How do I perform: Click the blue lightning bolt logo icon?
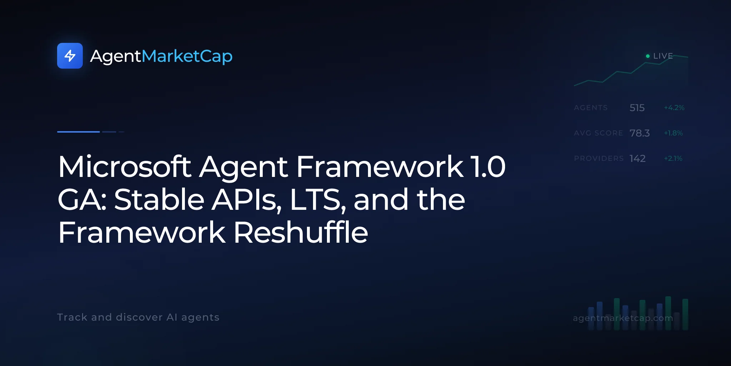(x=70, y=56)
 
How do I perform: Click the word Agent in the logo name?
(x=116, y=56)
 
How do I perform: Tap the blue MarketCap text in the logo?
(x=187, y=56)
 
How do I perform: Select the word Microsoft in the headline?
(x=125, y=167)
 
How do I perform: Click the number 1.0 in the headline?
(x=488, y=167)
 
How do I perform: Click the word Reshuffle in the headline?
(x=301, y=232)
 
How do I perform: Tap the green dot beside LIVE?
(x=648, y=56)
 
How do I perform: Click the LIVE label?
(x=663, y=56)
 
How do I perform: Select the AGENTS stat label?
(x=591, y=108)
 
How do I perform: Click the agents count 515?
(x=637, y=108)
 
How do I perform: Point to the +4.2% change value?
(x=674, y=108)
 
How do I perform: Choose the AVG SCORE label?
(x=599, y=133)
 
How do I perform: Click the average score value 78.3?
(x=640, y=133)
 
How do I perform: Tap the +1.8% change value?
(x=673, y=133)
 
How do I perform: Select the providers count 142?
(x=637, y=158)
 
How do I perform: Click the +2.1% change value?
(x=673, y=158)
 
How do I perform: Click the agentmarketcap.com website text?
(x=623, y=318)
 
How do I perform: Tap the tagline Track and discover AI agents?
(x=138, y=317)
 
